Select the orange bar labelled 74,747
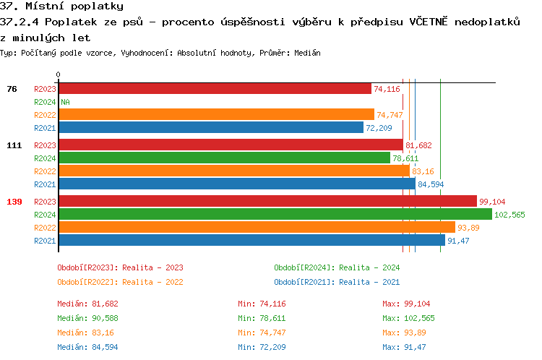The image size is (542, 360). click(x=216, y=115)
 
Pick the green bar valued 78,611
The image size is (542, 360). click(x=224, y=158)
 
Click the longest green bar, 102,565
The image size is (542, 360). click(x=275, y=215)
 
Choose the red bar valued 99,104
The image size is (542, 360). click(x=267, y=202)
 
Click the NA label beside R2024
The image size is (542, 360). click(x=65, y=102)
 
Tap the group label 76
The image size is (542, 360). click(x=12, y=89)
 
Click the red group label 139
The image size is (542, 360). click(x=14, y=202)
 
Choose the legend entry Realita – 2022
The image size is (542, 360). click(x=120, y=282)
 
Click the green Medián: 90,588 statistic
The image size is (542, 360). click(x=87, y=318)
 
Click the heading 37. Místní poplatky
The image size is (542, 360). click(x=61, y=7)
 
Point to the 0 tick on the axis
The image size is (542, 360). click(x=58, y=74)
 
